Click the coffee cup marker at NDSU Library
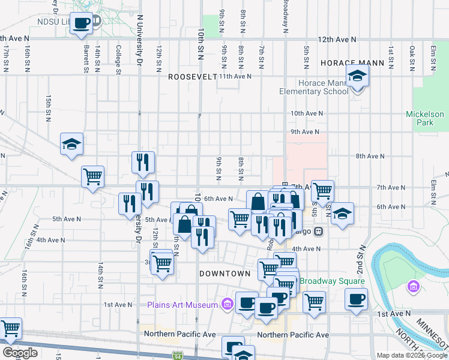click(82, 23)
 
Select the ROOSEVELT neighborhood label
click(192, 77)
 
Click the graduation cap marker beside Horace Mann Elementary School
click(358, 76)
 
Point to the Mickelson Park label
click(424, 118)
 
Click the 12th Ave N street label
click(337, 39)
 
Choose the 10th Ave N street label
click(307, 113)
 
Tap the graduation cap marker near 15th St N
click(71, 144)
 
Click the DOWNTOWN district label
click(224, 274)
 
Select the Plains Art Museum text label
click(182, 305)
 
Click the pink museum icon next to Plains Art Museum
click(227, 305)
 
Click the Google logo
click(20, 352)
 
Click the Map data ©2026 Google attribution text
click(411, 355)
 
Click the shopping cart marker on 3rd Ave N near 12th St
click(162, 262)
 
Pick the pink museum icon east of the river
click(412, 287)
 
